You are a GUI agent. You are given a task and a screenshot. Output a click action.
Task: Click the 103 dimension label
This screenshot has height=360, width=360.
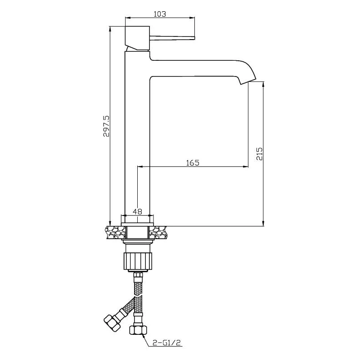click(160, 14)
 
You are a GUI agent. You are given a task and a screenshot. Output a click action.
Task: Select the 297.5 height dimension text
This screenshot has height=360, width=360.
click(106, 126)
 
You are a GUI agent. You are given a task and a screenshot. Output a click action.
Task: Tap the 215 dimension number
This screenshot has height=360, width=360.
click(259, 154)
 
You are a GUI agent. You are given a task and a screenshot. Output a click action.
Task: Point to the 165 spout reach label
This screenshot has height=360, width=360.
click(193, 162)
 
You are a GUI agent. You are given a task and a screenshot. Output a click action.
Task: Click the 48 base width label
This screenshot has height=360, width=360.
click(138, 211)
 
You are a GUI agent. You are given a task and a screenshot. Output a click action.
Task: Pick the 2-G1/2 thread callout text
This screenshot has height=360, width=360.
click(167, 343)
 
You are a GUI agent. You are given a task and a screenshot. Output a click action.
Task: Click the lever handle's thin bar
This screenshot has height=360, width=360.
click(172, 38)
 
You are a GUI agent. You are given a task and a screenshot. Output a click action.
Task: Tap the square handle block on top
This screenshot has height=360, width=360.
click(137, 38)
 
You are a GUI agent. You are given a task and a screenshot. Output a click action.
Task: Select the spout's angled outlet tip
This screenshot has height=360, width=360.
click(248, 81)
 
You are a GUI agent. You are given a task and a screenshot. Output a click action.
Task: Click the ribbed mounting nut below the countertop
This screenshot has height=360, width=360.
click(138, 261)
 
